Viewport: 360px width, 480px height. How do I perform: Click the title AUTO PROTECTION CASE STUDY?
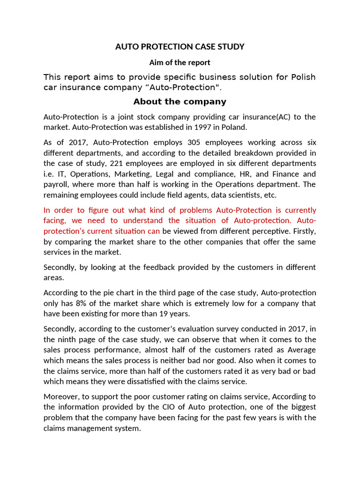point(180,47)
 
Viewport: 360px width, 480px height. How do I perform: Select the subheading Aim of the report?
point(180,62)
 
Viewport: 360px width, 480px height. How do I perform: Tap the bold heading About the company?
point(180,102)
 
